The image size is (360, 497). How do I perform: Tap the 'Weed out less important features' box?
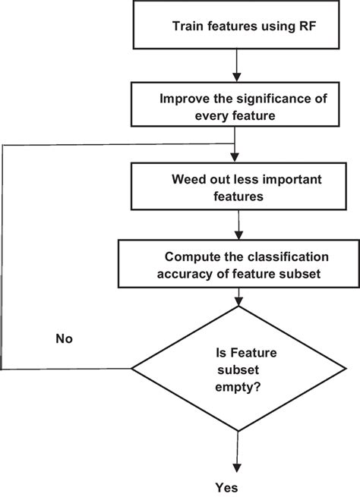click(238, 187)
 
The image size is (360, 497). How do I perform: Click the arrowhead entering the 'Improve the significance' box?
click(238, 77)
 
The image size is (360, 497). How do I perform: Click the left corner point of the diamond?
click(134, 369)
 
